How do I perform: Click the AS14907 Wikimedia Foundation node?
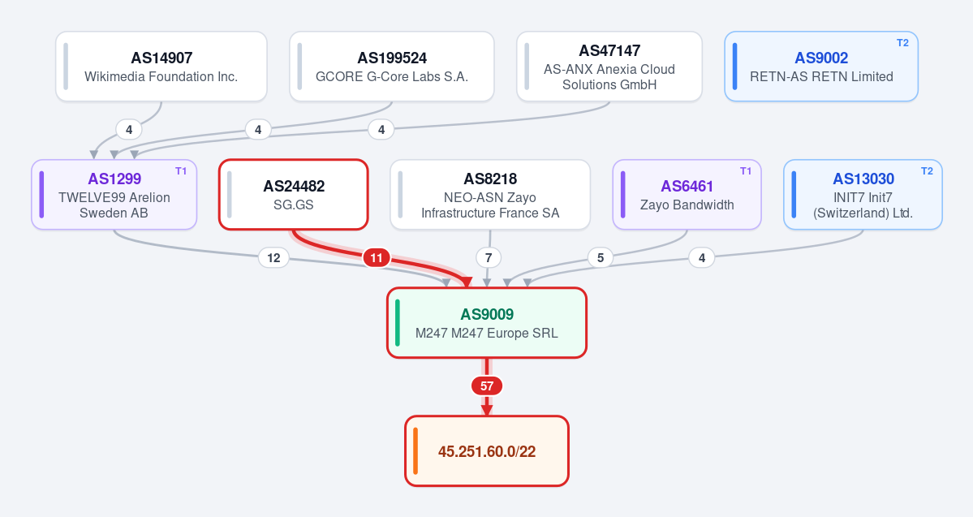(161, 67)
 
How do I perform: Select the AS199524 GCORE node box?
(392, 67)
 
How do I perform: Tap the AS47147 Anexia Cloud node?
(609, 67)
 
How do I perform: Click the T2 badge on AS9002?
(903, 43)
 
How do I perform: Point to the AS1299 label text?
(114, 179)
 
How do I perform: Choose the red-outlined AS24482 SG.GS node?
(294, 195)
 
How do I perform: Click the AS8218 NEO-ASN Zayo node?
(490, 195)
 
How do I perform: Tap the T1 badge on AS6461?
(746, 171)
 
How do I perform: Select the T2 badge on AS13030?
(927, 171)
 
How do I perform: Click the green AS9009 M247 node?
(487, 323)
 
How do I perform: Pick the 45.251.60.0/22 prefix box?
(487, 451)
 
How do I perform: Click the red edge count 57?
(487, 386)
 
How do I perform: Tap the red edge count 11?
(377, 257)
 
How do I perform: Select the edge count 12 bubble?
(273, 257)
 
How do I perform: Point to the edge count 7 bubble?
(489, 257)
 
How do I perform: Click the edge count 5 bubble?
(600, 257)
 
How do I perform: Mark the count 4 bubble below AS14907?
(129, 130)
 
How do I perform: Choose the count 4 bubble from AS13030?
(702, 257)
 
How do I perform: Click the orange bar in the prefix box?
(415, 451)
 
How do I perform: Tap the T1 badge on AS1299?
(181, 171)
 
